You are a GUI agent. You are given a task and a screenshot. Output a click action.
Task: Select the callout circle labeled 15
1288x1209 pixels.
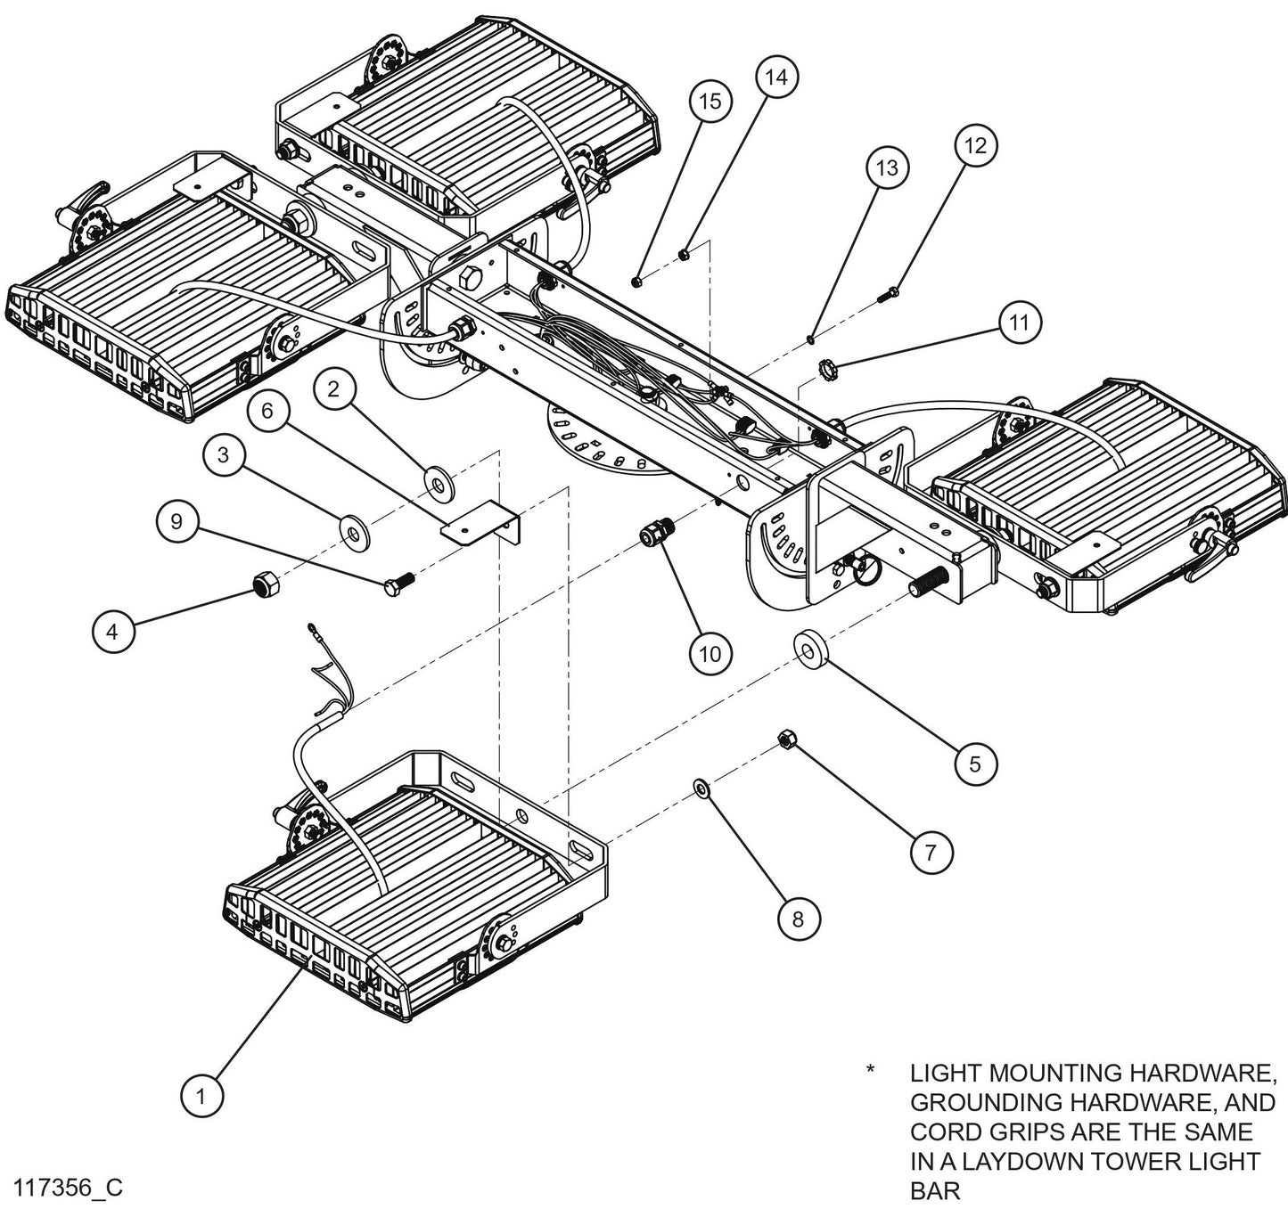coord(710,101)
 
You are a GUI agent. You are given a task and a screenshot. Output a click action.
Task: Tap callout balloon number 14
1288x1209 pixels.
coord(776,78)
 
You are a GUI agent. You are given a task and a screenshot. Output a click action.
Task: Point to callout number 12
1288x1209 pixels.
coord(976,145)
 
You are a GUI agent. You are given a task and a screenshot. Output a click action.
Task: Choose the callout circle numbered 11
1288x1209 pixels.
coord(1020,322)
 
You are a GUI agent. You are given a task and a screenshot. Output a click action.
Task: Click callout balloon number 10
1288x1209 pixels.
coord(710,655)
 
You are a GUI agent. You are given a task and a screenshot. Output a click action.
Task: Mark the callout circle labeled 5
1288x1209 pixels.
coord(974,764)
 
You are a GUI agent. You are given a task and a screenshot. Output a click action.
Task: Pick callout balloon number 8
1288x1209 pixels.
coord(797,919)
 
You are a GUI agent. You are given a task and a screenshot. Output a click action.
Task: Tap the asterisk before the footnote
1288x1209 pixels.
coord(870,1070)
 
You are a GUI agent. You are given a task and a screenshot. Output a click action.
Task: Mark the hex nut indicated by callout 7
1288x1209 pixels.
coord(786,738)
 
